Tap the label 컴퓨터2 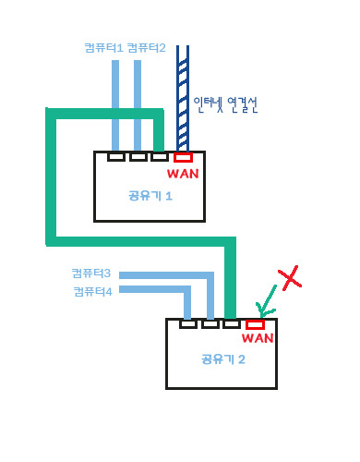coord(146,47)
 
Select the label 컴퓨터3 coord(92,274)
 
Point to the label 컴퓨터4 coord(92,291)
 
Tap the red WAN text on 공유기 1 coord(182,173)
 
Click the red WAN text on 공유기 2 coord(257,338)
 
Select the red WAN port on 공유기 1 coord(183,157)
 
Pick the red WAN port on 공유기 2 coord(255,323)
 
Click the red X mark coord(290,277)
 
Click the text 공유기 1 coord(150,196)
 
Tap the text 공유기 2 coord(222,359)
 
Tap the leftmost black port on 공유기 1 coord(115,157)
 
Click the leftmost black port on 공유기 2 coord(188,323)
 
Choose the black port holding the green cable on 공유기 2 coord(232,323)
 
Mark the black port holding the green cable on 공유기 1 coord(160,157)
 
